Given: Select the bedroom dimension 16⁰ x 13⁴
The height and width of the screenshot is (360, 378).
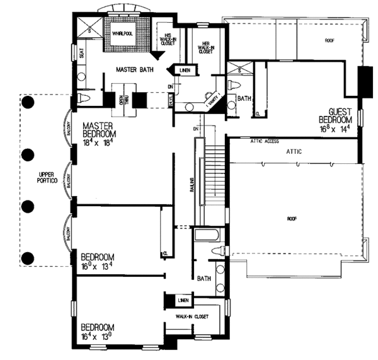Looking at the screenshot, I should (98, 267).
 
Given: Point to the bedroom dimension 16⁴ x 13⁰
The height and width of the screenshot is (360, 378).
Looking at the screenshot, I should (98, 337).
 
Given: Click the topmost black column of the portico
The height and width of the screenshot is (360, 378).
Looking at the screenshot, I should (26, 101).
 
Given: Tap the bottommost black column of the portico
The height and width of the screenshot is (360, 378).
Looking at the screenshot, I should (27, 257).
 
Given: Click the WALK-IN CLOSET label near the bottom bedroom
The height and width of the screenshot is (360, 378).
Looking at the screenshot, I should (192, 317).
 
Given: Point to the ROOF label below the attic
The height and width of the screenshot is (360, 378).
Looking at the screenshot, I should (292, 219).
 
